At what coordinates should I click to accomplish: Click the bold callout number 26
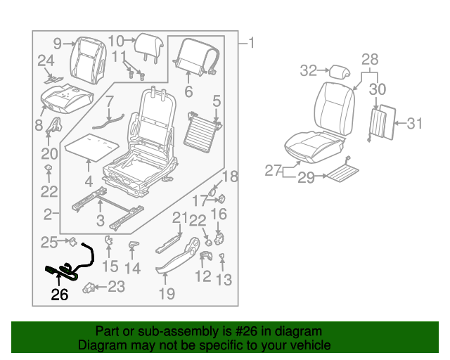point(60,295)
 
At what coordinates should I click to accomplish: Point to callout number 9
point(57,43)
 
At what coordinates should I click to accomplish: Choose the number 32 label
point(308,70)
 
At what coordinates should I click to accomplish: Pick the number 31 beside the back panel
point(416,124)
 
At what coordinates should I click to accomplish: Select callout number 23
point(116,286)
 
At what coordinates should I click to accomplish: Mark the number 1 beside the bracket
point(252,44)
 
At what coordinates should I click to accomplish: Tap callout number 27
point(273,170)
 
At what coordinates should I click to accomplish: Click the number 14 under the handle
point(133,268)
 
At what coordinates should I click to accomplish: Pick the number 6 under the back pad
point(188,91)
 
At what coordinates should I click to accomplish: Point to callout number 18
point(231,176)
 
